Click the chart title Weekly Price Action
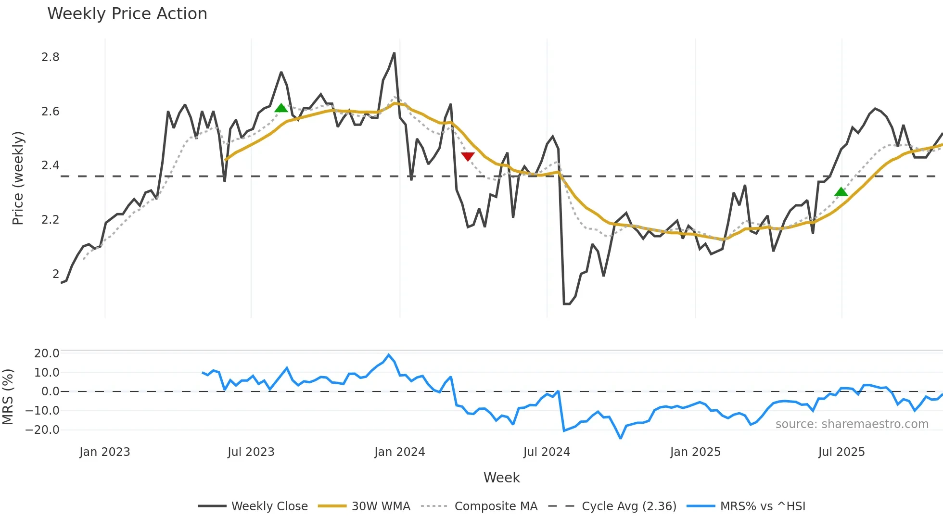click(127, 14)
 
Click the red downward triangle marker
click(468, 156)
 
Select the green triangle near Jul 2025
click(841, 192)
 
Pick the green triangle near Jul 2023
click(281, 108)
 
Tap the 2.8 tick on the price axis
click(51, 57)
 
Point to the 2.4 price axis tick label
click(51, 165)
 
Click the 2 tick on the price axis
click(56, 274)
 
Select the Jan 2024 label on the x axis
click(399, 452)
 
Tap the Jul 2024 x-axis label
click(547, 452)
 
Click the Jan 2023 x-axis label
click(104, 452)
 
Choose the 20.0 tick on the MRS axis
click(47, 353)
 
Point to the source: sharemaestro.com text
click(852, 424)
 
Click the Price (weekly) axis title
click(18, 178)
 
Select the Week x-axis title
click(501, 478)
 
